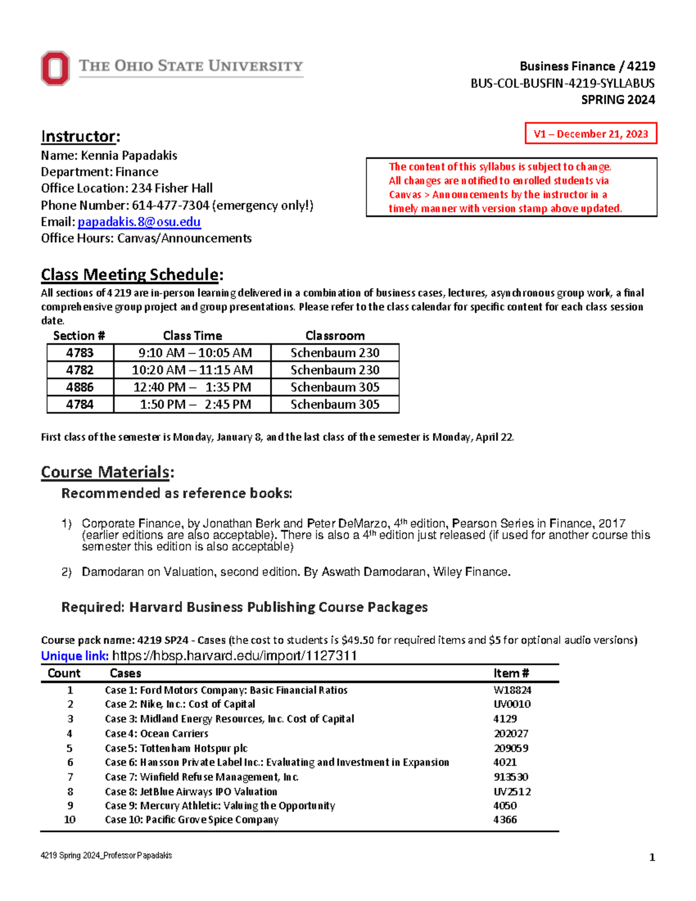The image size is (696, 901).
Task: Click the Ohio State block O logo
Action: [x=55, y=68]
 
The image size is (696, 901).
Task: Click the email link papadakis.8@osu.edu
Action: [x=139, y=222]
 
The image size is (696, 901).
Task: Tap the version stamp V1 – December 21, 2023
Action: [x=590, y=134]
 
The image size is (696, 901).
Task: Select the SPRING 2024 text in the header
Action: [x=618, y=100]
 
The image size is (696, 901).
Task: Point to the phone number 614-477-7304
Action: [x=171, y=205]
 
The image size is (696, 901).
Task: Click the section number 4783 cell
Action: [x=80, y=353]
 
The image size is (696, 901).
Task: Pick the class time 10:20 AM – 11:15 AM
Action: [x=192, y=370]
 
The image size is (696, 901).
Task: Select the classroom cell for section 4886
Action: [x=335, y=387]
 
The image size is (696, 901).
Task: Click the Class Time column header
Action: [x=193, y=336]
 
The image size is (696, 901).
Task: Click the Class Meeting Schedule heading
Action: [x=130, y=274]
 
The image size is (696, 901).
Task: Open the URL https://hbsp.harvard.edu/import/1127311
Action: [x=234, y=656]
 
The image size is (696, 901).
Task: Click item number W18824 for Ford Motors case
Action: [x=512, y=690]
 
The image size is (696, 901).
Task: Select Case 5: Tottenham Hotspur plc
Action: [x=176, y=748]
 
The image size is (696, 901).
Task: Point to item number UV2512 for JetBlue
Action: [x=512, y=792]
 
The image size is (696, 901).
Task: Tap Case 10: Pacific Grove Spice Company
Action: [x=191, y=820]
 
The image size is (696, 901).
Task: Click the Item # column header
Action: [x=511, y=674]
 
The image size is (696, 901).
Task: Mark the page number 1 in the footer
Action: [x=652, y=857]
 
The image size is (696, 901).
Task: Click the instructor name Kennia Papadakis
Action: [x=129, y=155]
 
